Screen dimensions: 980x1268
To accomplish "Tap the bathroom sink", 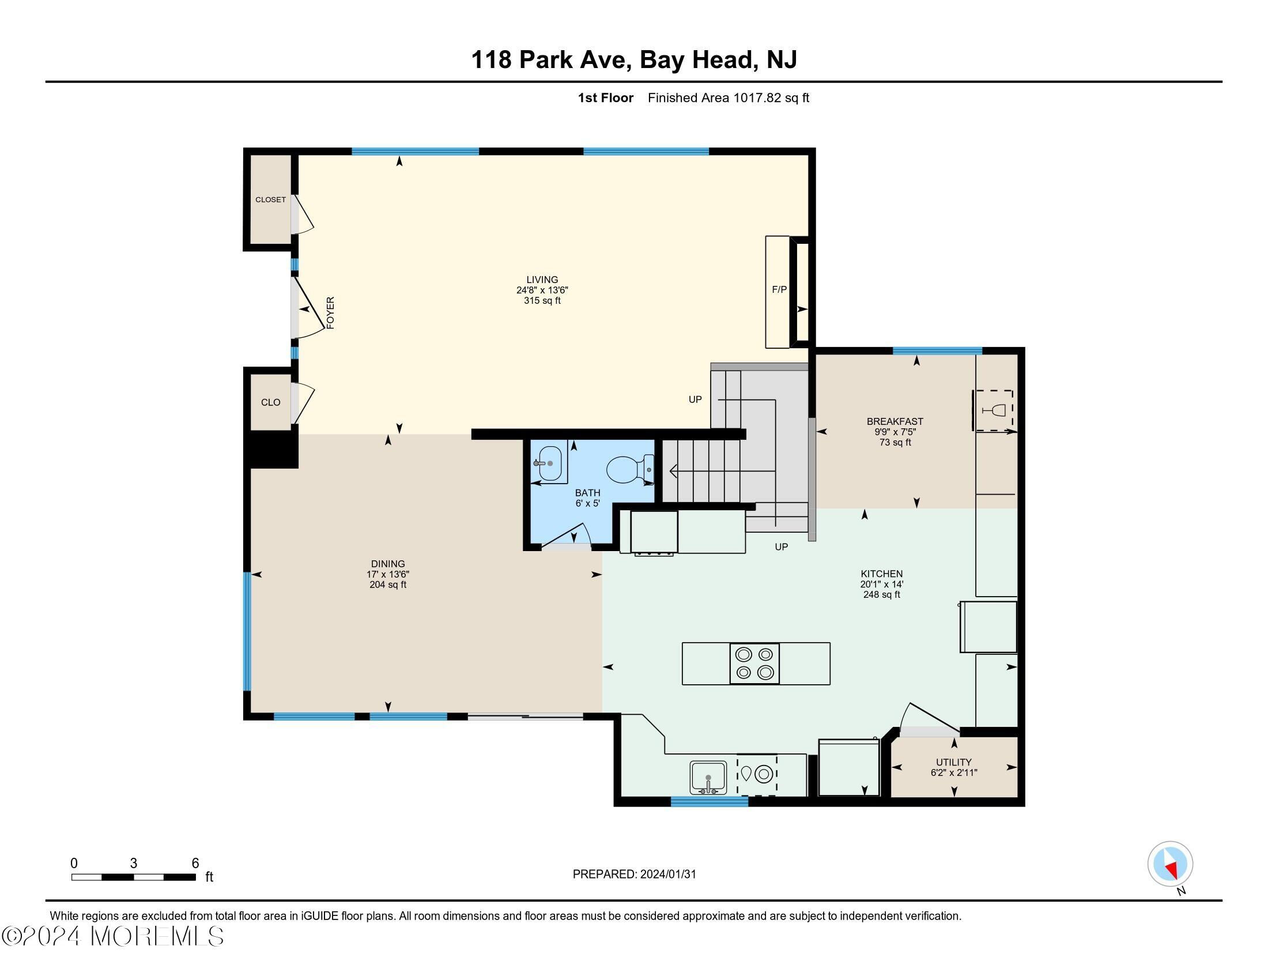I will (549, 463).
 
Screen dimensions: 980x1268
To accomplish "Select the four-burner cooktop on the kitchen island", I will (754, 664).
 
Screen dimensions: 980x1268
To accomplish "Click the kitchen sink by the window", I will (708, 778).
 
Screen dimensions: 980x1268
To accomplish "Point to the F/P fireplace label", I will (779, 289).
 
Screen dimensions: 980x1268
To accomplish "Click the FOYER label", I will (330, 313).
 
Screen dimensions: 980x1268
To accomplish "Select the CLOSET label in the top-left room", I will (270, 199).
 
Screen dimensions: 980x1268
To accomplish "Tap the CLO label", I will (270, 402).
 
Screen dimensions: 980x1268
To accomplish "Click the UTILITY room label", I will (953, 762).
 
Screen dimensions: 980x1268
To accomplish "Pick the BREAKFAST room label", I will (895, 421).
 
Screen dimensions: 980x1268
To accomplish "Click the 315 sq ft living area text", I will (542, 301).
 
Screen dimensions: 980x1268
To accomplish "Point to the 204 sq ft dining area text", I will (388, 585).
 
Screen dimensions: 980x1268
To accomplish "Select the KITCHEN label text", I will (881, 574).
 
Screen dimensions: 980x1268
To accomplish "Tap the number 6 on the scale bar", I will (195, 863).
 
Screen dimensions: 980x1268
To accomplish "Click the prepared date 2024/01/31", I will (667, 875).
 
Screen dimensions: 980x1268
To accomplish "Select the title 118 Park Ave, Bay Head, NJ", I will (633, 60).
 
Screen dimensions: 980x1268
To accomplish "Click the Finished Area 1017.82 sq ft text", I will (728, 98).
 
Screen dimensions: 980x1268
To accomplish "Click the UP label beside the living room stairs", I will (695, 399).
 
